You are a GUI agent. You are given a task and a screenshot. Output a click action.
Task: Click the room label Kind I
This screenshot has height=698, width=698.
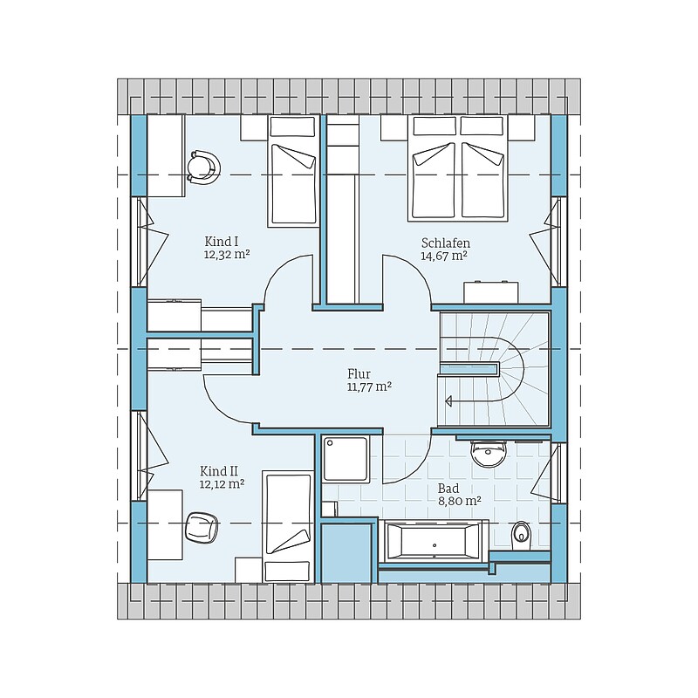(x=222, y=242)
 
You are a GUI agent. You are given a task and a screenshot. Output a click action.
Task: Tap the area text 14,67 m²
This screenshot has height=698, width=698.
(x=444, y=256)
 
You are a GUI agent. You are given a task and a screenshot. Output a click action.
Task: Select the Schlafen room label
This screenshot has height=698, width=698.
(x=446, y=243)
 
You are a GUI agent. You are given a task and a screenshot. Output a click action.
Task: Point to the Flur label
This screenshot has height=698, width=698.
(x=359, y=374)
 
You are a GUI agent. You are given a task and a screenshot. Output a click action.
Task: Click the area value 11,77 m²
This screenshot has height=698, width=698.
(x=369, y=387)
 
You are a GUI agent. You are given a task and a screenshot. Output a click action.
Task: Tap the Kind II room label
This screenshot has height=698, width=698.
(x=220, y=471)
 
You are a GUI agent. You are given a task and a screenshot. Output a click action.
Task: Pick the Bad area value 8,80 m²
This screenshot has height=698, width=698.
(x=460, y=501)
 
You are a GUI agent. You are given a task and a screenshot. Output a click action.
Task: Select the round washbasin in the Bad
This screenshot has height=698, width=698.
(x=489, y=454)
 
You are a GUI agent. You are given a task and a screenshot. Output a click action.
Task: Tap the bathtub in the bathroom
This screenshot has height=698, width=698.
(x=434, y=540)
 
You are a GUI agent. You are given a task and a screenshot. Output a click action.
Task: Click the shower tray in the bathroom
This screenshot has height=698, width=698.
(x=346, y=459)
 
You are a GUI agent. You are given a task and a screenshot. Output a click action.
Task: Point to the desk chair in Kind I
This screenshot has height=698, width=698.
(x=203, y=167)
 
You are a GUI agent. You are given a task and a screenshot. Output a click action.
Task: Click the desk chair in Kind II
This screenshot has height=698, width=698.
(x=202, y=527)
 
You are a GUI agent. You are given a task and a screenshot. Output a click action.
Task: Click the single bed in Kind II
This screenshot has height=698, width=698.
(x=288, y=528)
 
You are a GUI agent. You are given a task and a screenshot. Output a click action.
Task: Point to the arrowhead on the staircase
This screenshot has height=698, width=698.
(x=448, y=401)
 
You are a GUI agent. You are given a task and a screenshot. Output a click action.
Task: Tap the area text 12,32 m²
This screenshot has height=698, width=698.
(x=226, y=254)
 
